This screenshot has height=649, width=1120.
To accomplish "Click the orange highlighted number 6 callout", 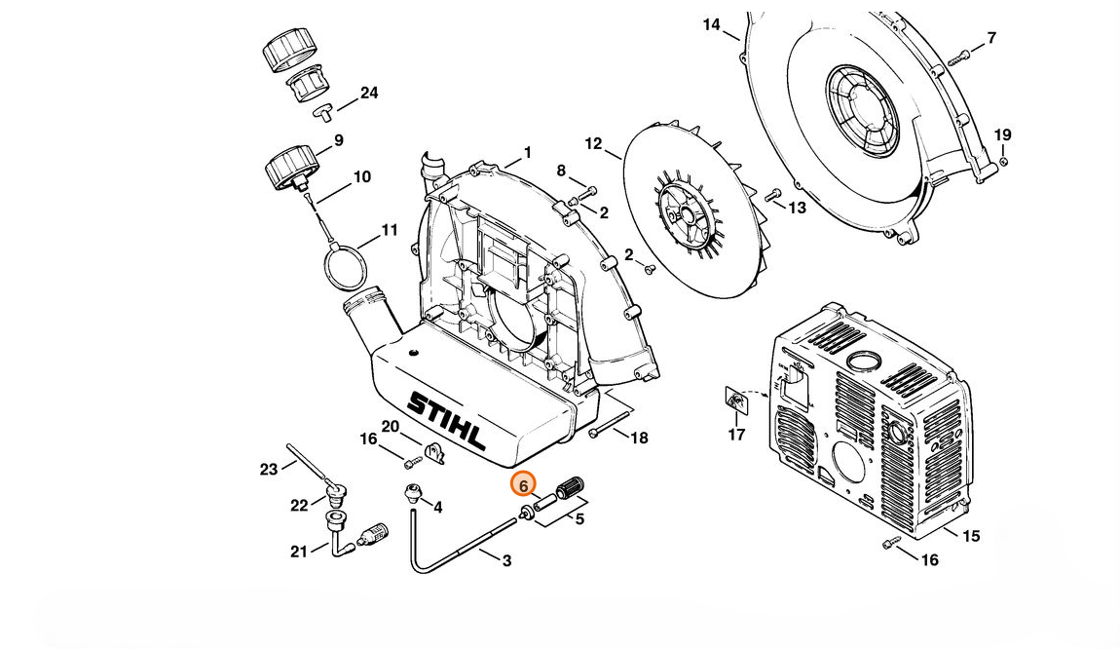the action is (523, 485).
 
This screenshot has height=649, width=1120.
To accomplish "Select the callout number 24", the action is (368, 93).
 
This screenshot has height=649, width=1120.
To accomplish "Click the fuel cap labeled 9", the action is (289, 169).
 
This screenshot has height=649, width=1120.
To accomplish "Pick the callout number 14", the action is (711, 25).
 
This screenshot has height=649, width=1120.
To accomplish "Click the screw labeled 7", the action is (958, 58).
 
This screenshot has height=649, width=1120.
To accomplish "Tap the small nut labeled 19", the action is (1003, 162).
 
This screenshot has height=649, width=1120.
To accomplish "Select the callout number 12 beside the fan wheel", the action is (593, 143).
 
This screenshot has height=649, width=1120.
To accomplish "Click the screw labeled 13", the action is (773, 195).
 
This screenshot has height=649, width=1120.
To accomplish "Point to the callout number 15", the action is (971, 536).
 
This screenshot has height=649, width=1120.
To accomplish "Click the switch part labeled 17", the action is (734, 402).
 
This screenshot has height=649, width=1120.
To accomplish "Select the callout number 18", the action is (639, 438).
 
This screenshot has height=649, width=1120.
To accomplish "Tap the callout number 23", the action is (268, 470).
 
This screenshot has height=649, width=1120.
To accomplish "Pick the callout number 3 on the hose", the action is (506, 561).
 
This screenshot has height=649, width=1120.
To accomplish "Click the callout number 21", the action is (299, 552).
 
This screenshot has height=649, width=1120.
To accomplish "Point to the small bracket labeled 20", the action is (434, 453).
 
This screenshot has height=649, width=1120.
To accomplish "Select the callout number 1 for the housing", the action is (527, 152).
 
